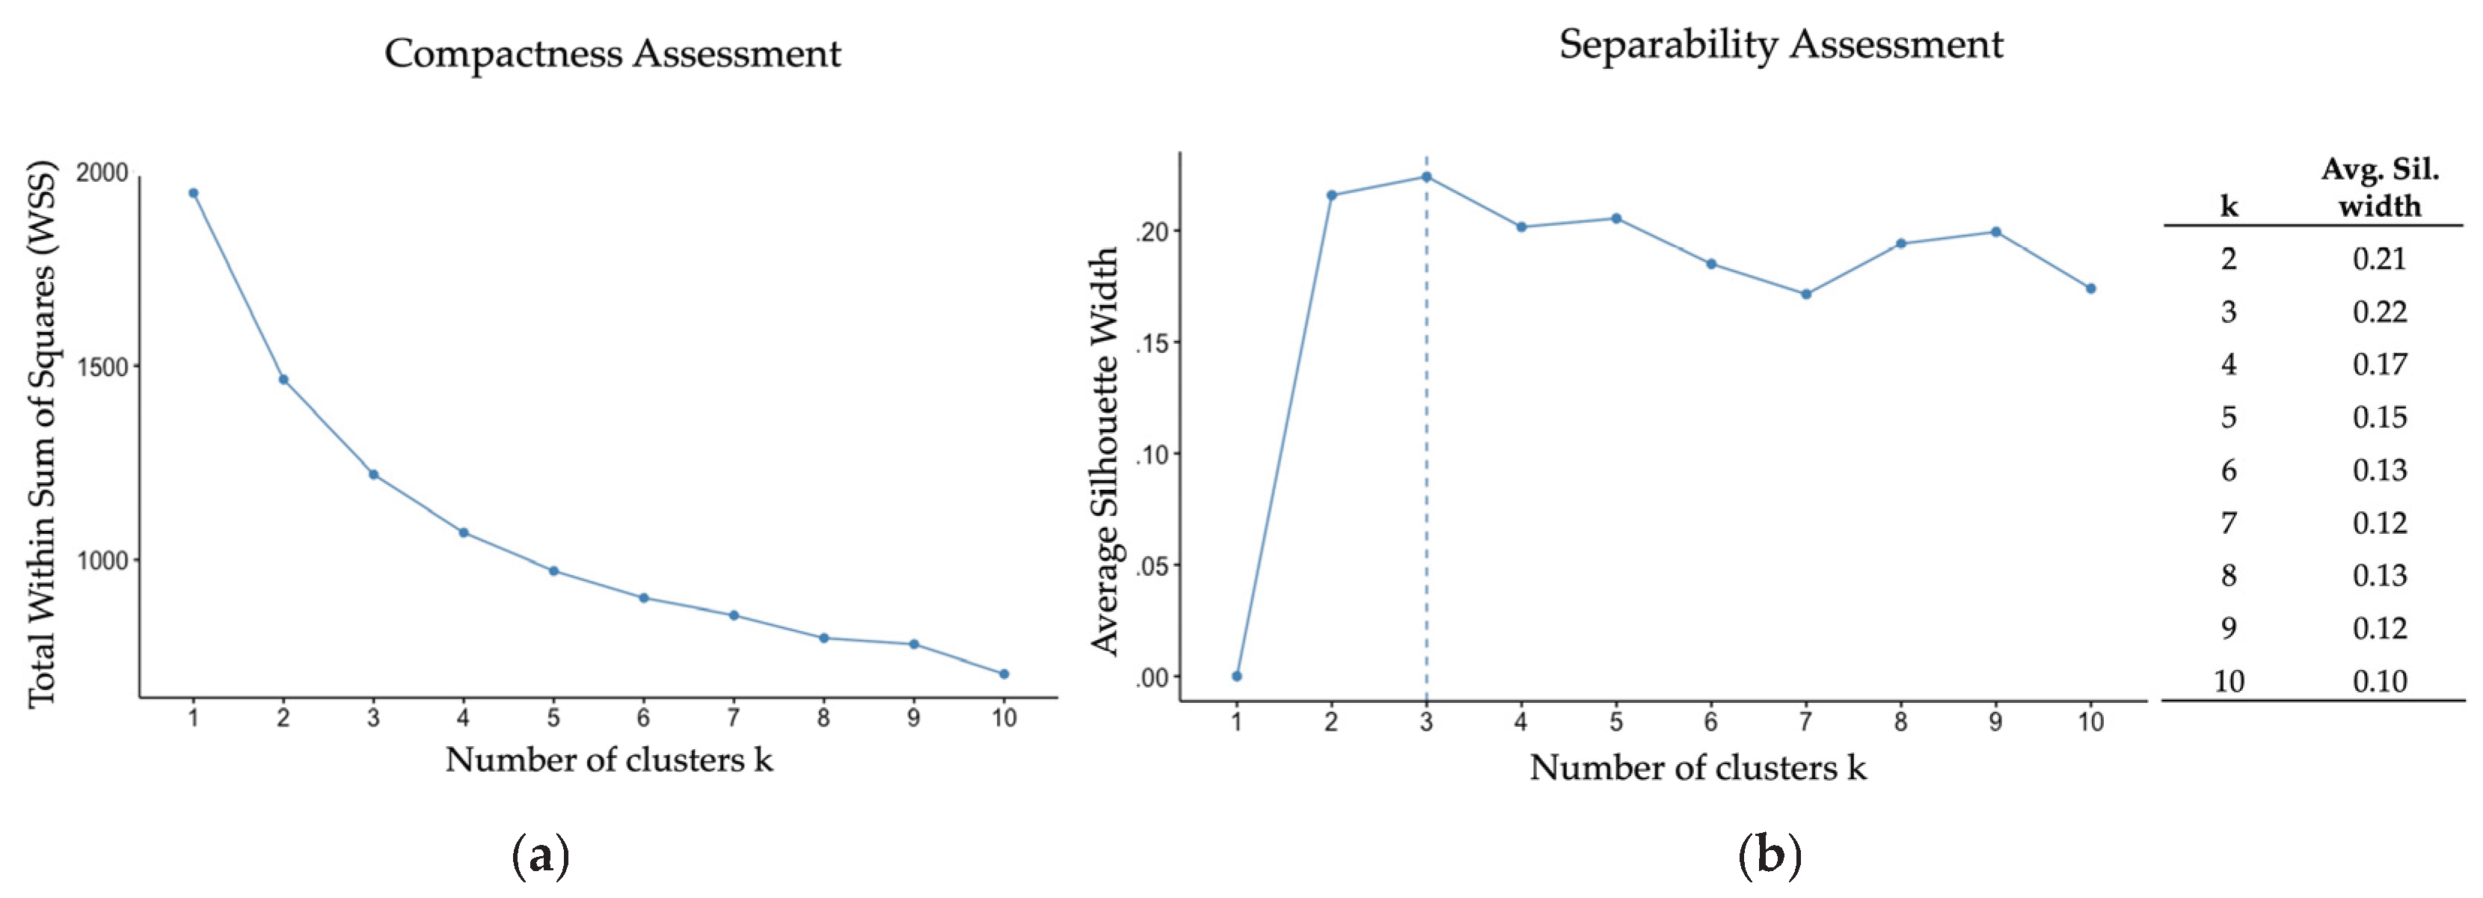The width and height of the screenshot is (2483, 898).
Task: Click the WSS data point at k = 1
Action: pos(194,193)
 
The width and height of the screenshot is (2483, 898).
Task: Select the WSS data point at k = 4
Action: pos(464,532)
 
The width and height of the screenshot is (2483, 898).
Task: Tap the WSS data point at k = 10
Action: pos(1004,674)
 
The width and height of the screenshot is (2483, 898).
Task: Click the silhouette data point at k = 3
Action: pos(1426,177)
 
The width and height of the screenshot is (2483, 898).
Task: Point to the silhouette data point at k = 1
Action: pos(1237,675)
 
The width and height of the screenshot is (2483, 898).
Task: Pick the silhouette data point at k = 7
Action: pos(1805,294)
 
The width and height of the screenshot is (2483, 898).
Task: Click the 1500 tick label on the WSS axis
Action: pos(102,367)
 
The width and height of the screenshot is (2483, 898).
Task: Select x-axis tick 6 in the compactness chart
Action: pos(643,718)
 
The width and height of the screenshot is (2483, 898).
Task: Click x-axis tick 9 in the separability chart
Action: pos(1995,722)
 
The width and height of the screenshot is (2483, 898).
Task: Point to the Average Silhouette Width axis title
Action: pos(1105,451)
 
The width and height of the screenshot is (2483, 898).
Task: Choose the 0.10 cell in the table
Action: pos(2379,681)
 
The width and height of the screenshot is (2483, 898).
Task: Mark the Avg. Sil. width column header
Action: pos(2379,188)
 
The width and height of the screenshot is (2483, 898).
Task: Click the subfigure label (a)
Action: pos(541,855)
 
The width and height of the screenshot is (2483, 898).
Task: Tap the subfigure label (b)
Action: pos(1769,855)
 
